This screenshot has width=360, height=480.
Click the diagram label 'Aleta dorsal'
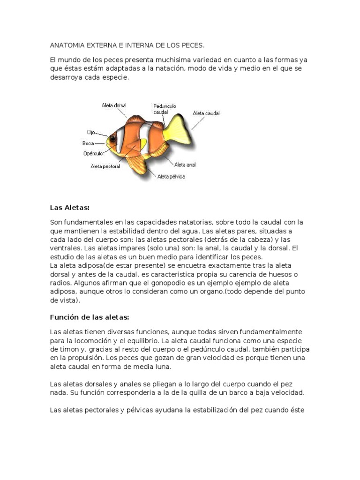coord(114,105)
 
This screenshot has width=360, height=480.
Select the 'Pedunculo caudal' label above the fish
coord(165,109)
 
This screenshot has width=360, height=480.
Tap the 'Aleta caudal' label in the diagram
coord(206,113)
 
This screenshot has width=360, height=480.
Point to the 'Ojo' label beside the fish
coord(91,132)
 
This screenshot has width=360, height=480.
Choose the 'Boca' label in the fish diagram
coord(88,143)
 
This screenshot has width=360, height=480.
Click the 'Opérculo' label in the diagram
coord(92,153)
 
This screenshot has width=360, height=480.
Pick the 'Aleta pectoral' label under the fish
coord(105,166)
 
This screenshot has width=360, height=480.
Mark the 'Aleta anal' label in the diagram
coord(185,165)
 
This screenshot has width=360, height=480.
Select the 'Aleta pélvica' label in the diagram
coord(171,177)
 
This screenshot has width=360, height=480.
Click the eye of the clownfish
coord(113,137)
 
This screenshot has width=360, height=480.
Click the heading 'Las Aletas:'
coord(69,208)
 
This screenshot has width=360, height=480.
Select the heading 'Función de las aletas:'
coord(89,317)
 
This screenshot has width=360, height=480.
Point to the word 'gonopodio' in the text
coord(187,283)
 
